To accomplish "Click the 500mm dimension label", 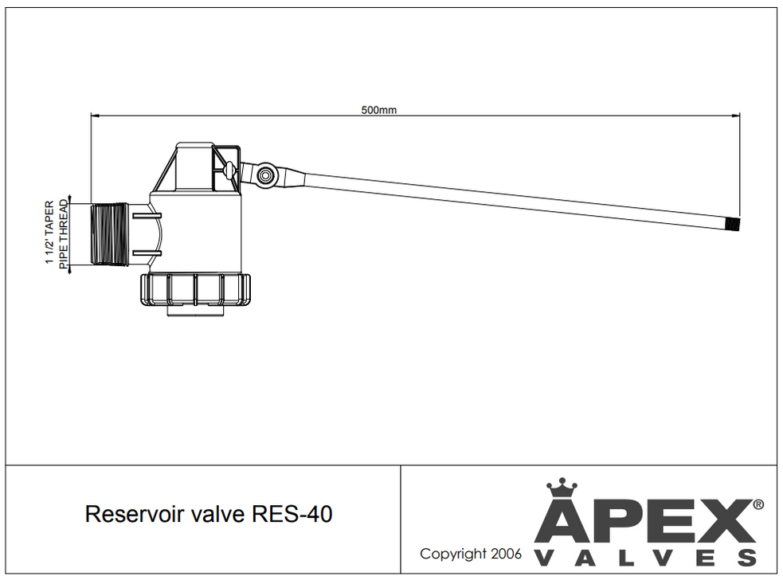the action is pos(379,110).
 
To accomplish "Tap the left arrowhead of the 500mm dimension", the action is pos(94,116).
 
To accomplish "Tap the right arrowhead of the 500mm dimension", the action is pos(736,116).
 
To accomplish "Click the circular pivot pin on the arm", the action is pos(264,174).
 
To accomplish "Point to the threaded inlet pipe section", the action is pos(110,234).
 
